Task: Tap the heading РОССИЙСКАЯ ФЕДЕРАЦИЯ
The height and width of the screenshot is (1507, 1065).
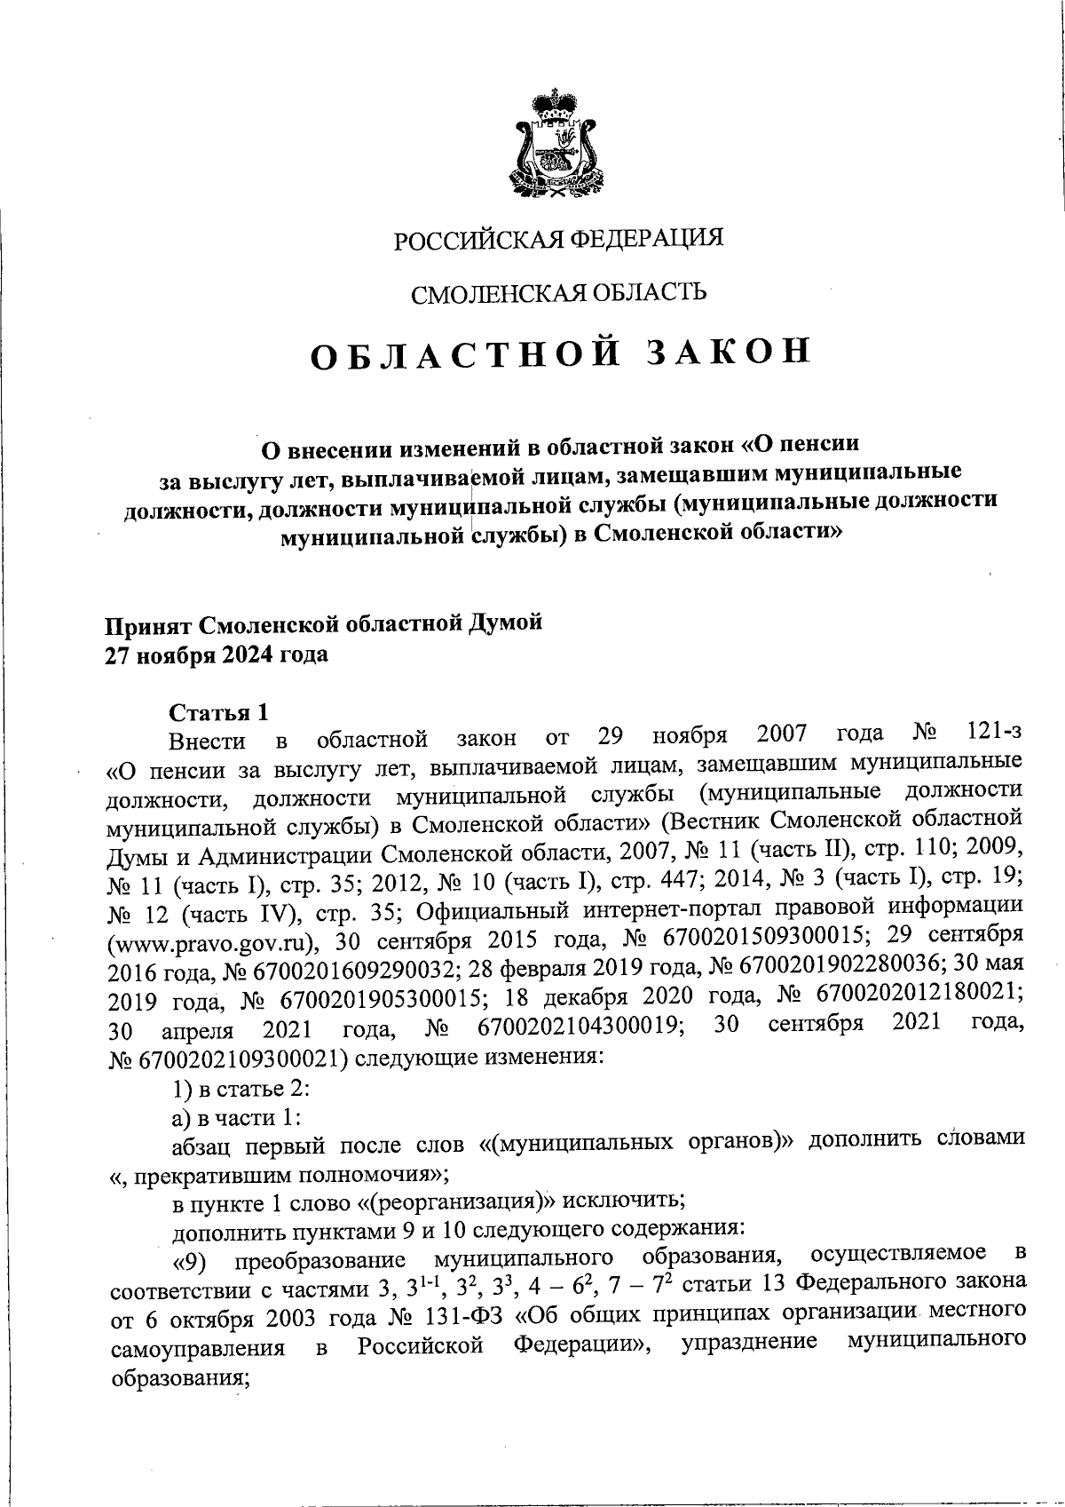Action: coord(558,238)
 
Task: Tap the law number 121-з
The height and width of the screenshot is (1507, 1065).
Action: coord(991,734)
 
